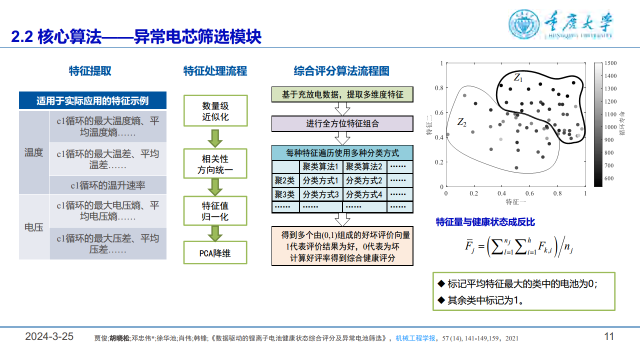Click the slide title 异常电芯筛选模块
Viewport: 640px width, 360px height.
coord(197,36)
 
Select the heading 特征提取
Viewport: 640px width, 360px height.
coord(90,71)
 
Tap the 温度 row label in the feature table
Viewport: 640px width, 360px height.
coord(33,152)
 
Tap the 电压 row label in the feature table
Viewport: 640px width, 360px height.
coord(33,227)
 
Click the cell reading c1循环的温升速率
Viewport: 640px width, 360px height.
coord(107,185)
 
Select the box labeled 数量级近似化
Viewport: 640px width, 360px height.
coord(215,111)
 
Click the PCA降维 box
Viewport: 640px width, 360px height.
coord(215,253)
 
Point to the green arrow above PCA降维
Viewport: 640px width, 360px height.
coord(215,232)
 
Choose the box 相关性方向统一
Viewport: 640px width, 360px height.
coord(215,165)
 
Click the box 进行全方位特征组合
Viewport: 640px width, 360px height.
coord(342,123)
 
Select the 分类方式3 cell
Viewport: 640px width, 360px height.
coord(320,194)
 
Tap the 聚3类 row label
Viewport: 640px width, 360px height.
coord(284,194)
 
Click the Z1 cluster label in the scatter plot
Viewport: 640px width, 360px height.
coord(518,78)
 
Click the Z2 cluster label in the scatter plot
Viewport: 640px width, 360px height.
coord(461,121)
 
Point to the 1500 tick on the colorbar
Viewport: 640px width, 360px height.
coord(611,63)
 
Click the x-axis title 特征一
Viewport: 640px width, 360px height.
coord(515,202)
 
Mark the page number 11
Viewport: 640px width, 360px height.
coord(609,336)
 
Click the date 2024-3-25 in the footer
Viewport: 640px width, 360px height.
coord(49,336)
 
